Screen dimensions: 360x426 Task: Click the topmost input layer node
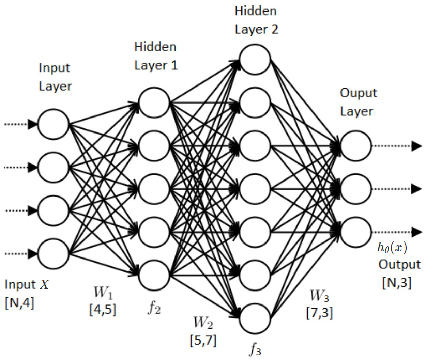click(54, 124)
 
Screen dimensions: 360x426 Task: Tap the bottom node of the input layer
click(54, 254)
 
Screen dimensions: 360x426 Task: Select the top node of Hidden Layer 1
click(154, 103)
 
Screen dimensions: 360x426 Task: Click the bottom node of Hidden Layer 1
click(154, 275)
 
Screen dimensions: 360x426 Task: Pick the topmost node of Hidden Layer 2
click(255, 60)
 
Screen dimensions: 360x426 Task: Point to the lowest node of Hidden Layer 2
click(255, 318)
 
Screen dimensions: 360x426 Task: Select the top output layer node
click(355, 146)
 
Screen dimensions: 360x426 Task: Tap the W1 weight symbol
click(103, 292)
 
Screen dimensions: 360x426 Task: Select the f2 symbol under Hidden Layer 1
click(154, 308)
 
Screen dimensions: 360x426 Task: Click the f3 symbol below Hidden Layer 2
click(255, 349)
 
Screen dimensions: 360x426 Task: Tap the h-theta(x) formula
click(392, 247)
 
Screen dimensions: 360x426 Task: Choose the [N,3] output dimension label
click(397, 283)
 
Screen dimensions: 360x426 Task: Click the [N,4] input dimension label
click(19, 303)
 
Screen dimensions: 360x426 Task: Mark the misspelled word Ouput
click(359, 93)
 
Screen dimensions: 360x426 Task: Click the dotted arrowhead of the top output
click(416, 146)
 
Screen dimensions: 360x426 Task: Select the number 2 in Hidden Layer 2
click(274, 29)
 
